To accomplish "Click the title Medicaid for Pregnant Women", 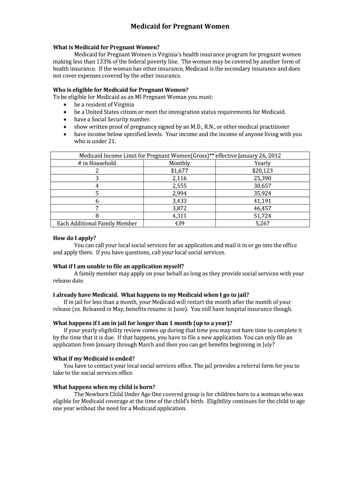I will pyautogui.click(x=180, y=27).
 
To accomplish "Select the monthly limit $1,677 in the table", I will pyautogui.click(x=180, y=171).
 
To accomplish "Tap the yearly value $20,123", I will pyautogui.click(x=262, y=171).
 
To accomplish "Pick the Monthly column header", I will pyautogui.click(x=180, y=163).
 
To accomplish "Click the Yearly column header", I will pyautogui.click(x=262, y=163).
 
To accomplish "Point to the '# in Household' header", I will pyautogui.click(x=97, y=163).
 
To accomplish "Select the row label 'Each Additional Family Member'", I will pyautogui.click(x=97, y=224).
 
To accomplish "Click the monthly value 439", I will pyautogui.click(x=180, y=224).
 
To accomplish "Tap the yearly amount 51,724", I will pyautogui.click(x=262, y=216).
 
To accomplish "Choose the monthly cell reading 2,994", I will pyautogui.click(x=180, y=193).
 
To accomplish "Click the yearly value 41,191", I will pyautogui.click(x=262, y=201).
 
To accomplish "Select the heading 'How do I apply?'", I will pyautogui.click(x=74, y=238).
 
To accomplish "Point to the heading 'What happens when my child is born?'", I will pyautogui.click(x=104, y=387).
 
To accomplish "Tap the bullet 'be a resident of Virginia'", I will pyautogui.click(x=104, y=104).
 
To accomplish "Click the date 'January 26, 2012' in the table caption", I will pyautogui.click(x=259, y=156).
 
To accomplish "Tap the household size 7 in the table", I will pyautogui.click(x=97, y=209).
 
